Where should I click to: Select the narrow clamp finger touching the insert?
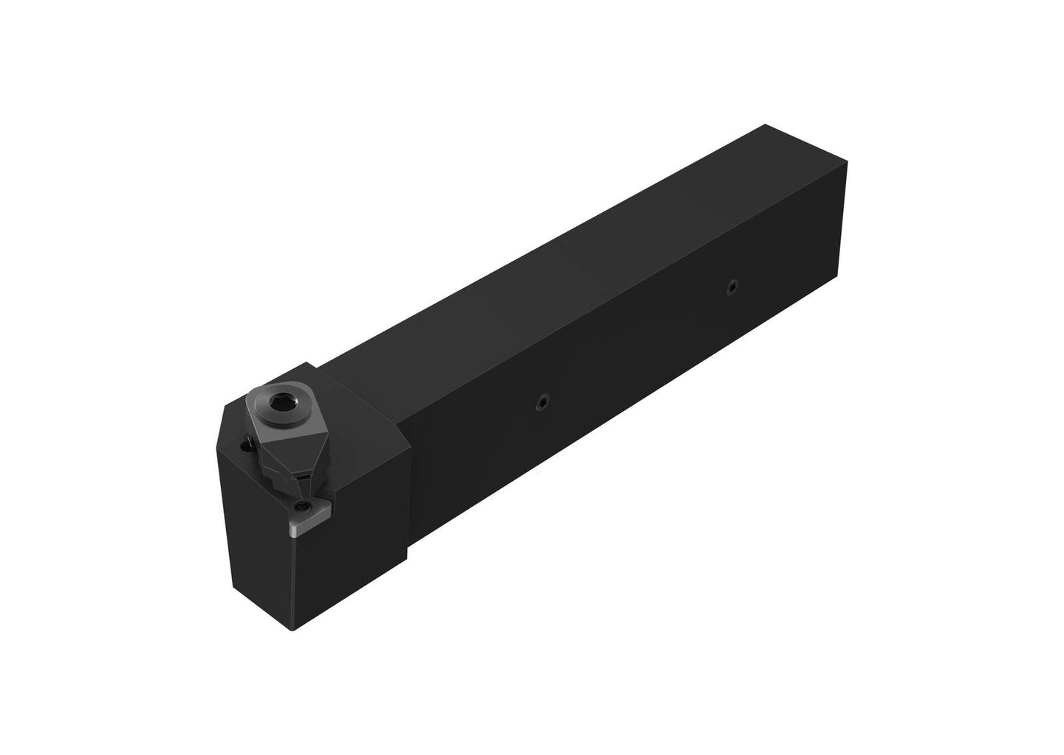(303, 482)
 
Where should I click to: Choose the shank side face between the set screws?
(633, 354)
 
